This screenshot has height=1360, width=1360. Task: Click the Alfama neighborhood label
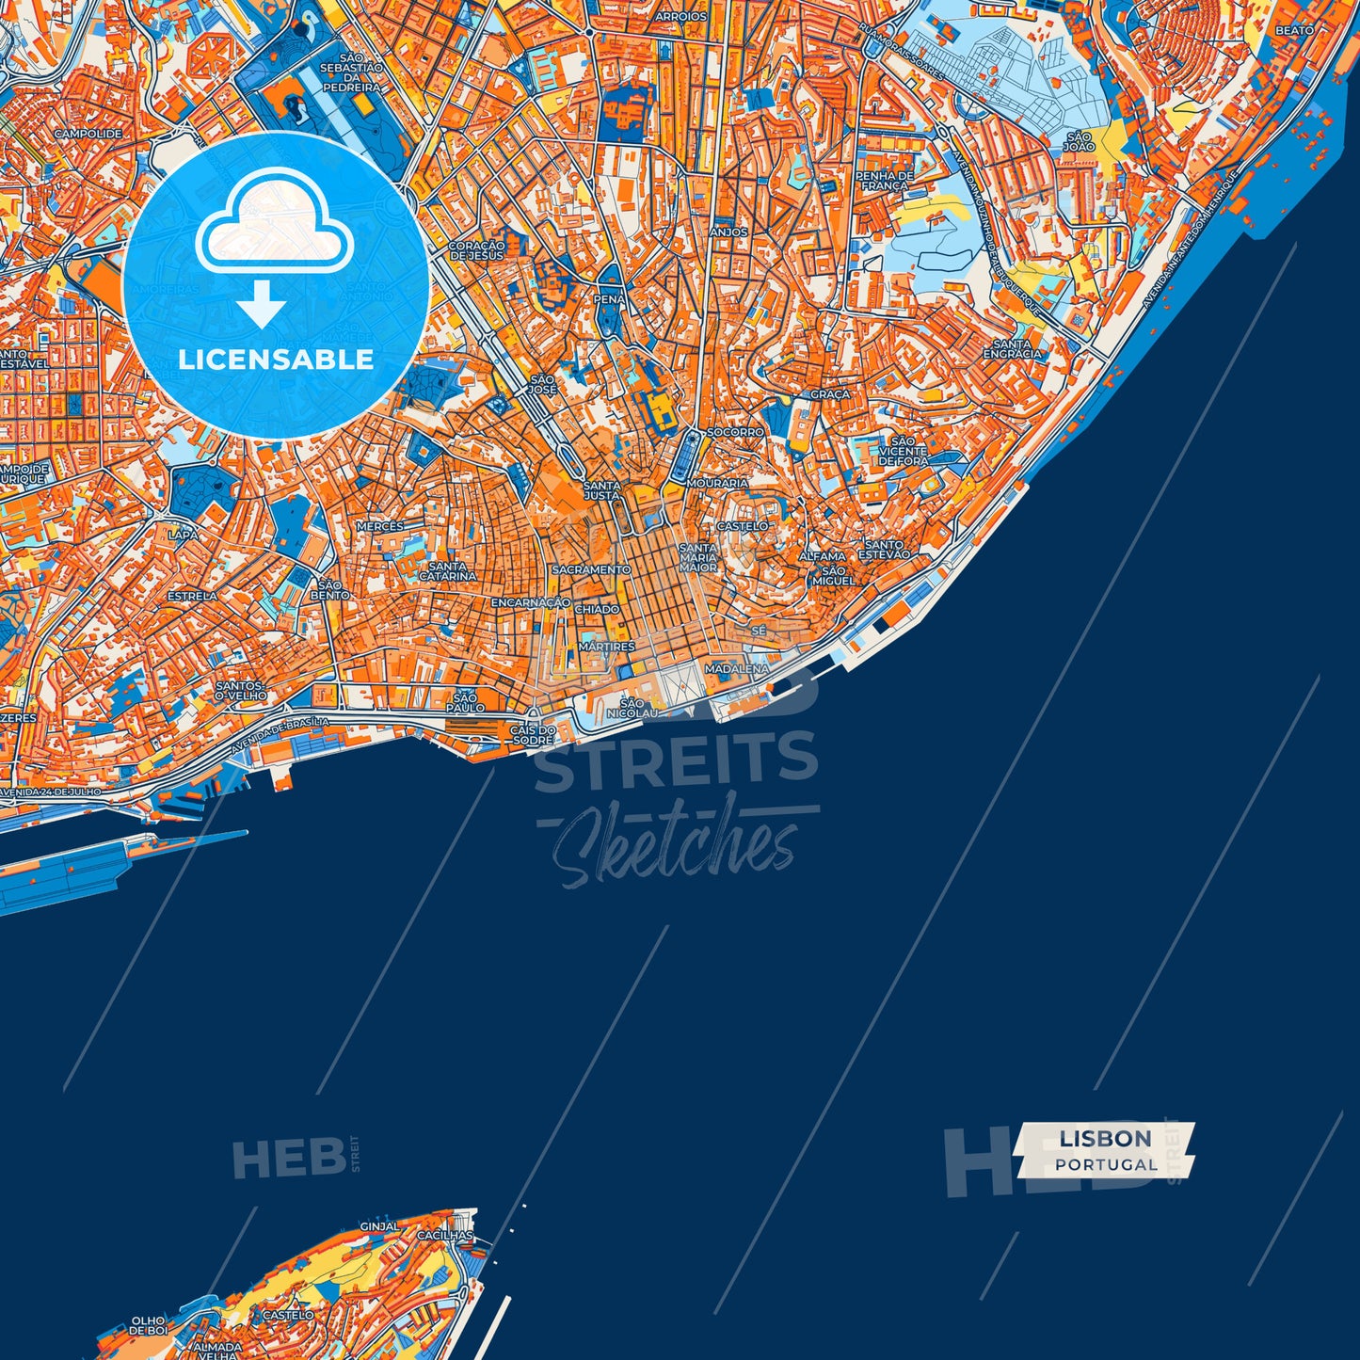pyautogui.click(x=822, y=556)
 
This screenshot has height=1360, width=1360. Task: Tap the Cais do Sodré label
pyautogui.click(x=533, y=735)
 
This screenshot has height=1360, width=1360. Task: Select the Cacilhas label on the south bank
pyautogui.click(x=445, y=1235)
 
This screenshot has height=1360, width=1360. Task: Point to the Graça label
pyautogui.click(x=829, y=394)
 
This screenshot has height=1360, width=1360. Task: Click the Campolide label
pyautogui.click(x=88, y=134)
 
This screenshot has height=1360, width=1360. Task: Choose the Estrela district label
pyautogui.click(x=192, y=596)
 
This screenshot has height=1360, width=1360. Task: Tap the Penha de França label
pyautogui.click(x=884, y=181)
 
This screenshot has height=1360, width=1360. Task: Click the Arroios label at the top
pyautogui.click(x=680, y=17)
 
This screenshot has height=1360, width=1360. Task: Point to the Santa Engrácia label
pyautogui.click(x=1013, y=349)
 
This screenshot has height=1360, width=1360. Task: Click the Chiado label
pyautogui.click(x=597, y=609)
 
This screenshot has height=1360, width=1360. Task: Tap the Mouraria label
pyautogui.click(x=717, y=483)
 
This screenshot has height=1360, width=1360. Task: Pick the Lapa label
pyautogui.click(x=183, y=534)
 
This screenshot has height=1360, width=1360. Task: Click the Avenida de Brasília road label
pyautogui.click(x=280, y=736)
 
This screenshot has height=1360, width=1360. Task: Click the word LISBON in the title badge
pyautogui.click(x=1105, y=1139)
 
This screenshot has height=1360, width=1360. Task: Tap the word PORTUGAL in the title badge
pyautogui.click(x=1106, y=1165)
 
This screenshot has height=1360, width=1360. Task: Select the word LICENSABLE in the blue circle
pyautogui.click(x=276, y=360)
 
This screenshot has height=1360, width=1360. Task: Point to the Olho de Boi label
pyautogui.click(x=149, y=1326)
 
